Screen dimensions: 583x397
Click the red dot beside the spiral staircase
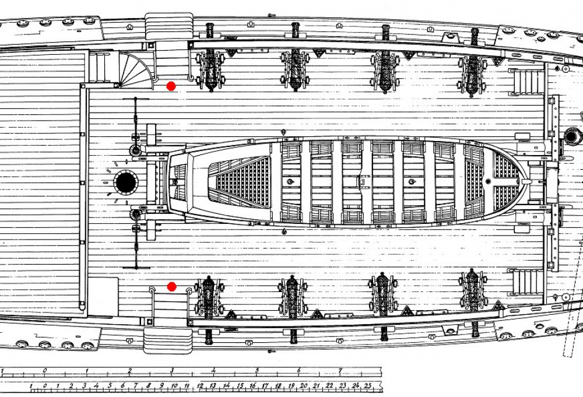coord(171,86)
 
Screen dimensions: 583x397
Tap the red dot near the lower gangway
coord(171,287)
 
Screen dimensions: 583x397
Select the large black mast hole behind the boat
coord(126,182)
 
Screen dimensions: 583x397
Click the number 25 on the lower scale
coord(367,386)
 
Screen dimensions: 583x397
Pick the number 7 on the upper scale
coord(340,371)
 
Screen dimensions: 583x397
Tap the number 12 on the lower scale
coord(200,386)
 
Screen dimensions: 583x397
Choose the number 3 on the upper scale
coord(172,371)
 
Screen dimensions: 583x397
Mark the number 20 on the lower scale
coord(303,386)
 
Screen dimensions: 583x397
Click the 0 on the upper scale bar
coord(45,371)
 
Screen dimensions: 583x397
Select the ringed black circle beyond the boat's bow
coord(573,136)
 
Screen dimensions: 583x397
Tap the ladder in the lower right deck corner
coord(526,282)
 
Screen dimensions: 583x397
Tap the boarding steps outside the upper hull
coord(169,26)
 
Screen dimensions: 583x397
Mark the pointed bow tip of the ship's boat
coord(528,182)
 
